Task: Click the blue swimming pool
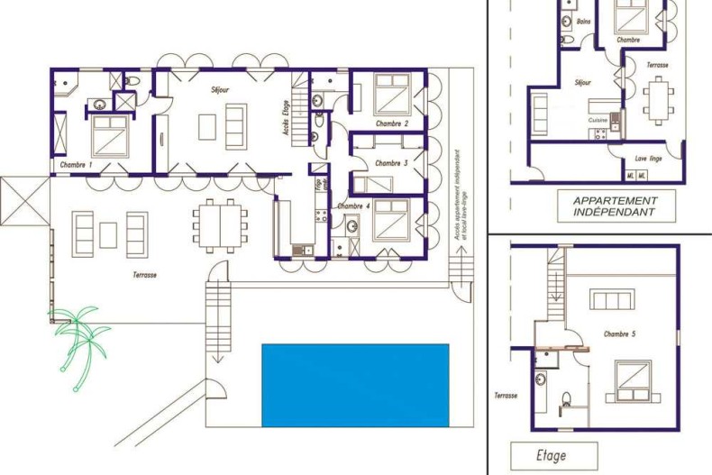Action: coord(355,385)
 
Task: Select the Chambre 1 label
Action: coord(76,166)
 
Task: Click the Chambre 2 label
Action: coord(392,123)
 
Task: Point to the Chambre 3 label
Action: coord(391,163)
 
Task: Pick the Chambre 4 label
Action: coord(353,206)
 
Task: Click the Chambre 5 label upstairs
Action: coord(620,333)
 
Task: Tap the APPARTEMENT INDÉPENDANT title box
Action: coord(614,207)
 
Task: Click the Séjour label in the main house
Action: coord(220,90)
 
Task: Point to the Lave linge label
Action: coord(648,158)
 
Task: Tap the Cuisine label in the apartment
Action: coord(598,119)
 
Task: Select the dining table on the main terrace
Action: coord(220,224)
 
